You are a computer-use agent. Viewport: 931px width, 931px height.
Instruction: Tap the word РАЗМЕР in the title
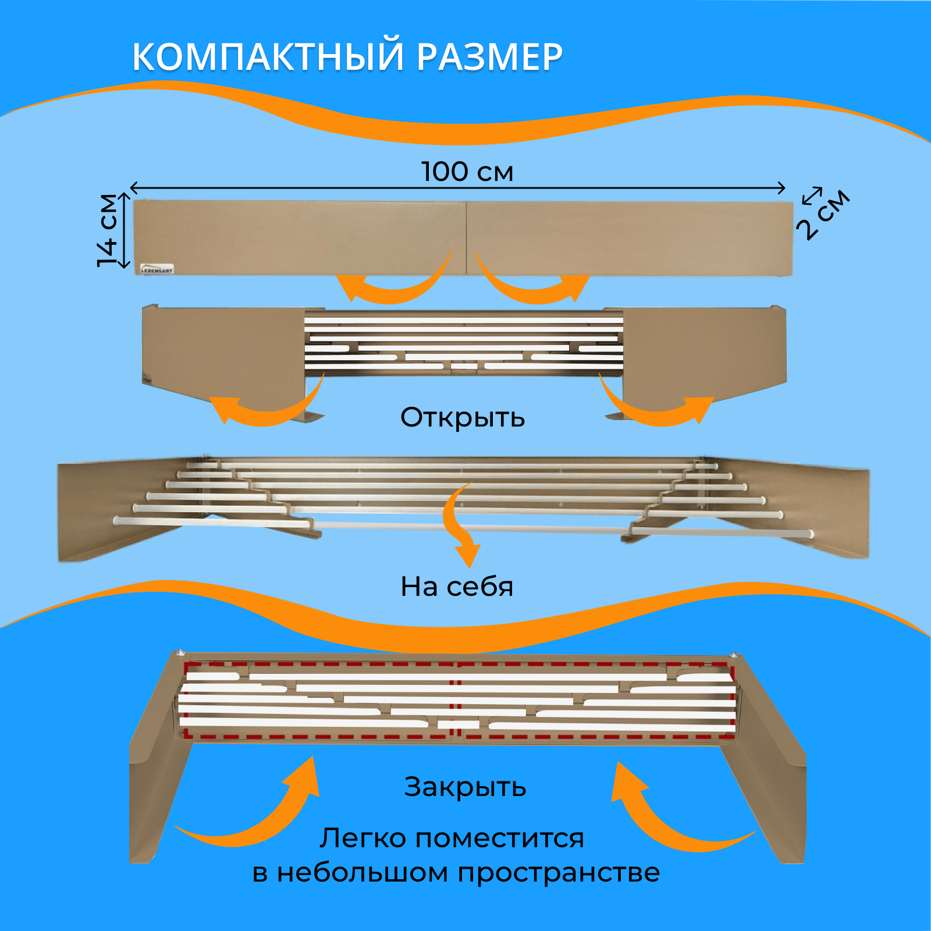tap(489, 57)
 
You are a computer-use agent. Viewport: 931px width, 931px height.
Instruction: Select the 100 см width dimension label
tap(467, 172)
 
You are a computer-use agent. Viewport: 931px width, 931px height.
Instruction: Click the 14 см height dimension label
tap(108, 230)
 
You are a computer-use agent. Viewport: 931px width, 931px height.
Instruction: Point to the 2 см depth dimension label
tap(826, 214)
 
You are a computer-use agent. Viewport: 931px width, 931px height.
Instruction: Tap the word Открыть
tap(463, 417)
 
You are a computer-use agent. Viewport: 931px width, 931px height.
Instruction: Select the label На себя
tap(457, 587)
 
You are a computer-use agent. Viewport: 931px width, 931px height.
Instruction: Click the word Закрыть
tap(465, 787)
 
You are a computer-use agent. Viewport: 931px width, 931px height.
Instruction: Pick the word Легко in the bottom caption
tap(363, 838)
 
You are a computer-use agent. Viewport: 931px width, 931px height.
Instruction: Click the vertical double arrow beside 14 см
tap(124, 231)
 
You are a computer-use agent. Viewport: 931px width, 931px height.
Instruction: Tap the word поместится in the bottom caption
tap(500, 838)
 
